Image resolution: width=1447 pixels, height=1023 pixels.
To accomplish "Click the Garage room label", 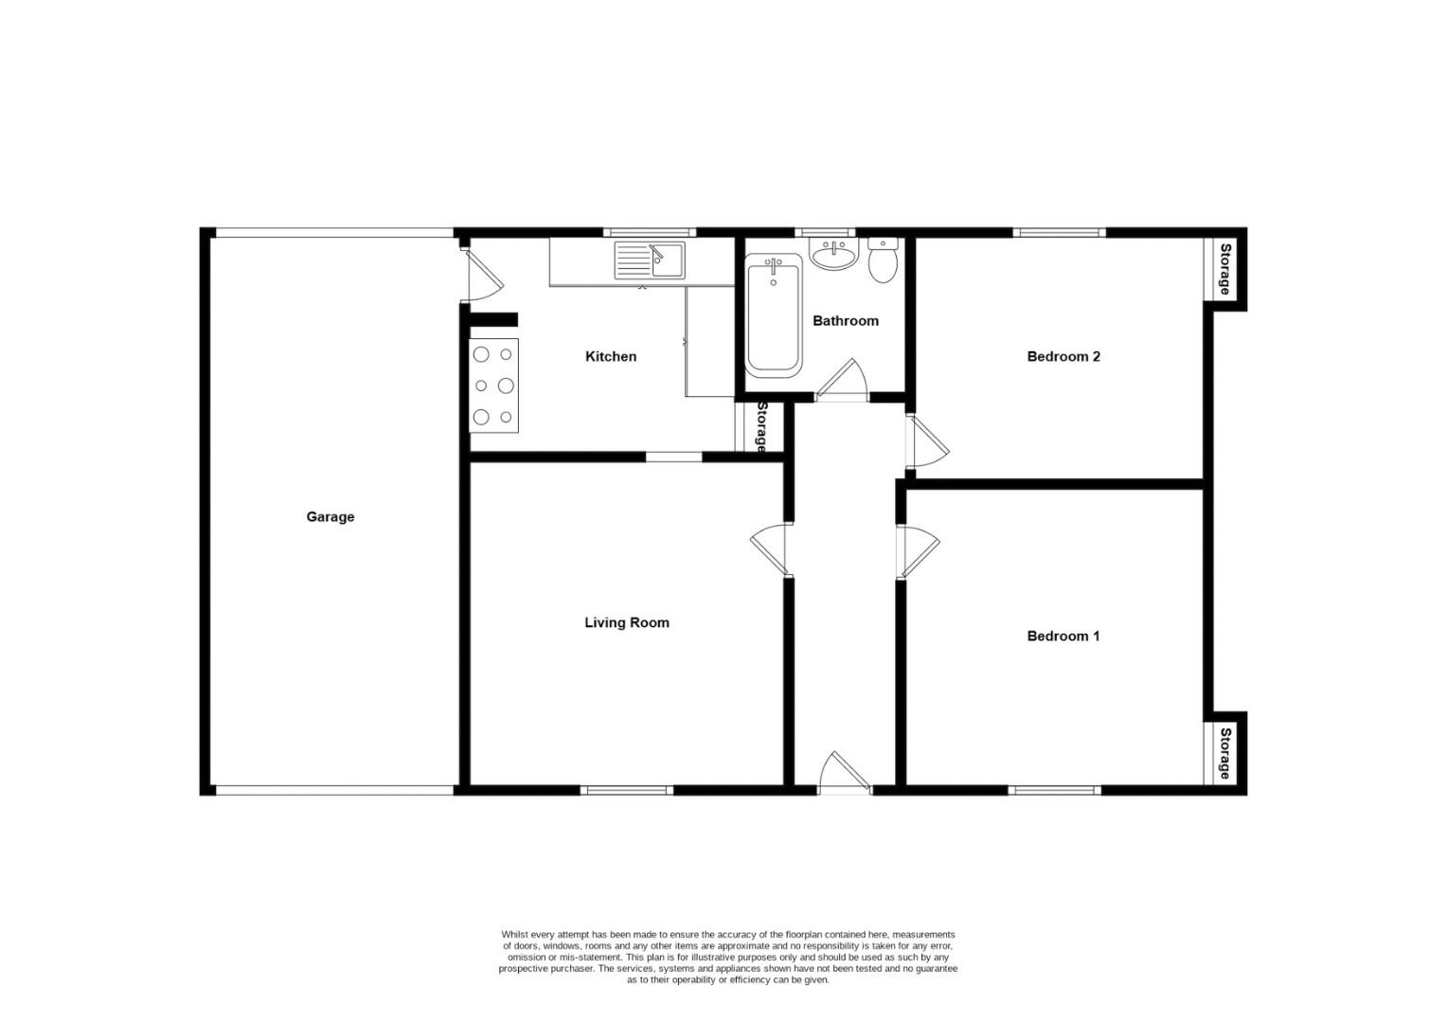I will [x=330, y=517].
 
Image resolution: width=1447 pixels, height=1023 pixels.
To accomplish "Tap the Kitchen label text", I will [x=611, y=357].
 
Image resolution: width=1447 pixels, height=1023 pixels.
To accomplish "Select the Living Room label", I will [x=626, y=623].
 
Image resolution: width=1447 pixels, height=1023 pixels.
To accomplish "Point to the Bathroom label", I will [x=845, y=321].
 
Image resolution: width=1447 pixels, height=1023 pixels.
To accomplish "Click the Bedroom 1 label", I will [x=1063, y=637].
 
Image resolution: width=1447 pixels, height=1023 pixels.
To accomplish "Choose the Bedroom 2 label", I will [x=1063, y=357].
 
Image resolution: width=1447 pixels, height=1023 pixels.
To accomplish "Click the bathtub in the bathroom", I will [x=774, y=319].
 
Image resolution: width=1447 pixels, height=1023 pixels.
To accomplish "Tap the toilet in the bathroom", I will [x=884, y=260].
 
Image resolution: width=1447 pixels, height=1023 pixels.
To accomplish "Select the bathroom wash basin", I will [x=833, y=254].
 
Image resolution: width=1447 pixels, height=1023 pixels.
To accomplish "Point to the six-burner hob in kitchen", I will [x=493, y=386].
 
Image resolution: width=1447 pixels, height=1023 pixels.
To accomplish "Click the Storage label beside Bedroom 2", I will [x=1224, y=269].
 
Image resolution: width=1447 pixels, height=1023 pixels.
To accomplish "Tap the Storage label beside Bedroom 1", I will [x=1224, y=753].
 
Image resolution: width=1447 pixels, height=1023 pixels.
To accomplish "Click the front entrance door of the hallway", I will [x=843, y=771].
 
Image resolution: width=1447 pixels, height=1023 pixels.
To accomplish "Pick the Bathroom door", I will [x=842, y=381].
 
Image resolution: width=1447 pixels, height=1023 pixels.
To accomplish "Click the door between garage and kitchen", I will [x=480, y=276].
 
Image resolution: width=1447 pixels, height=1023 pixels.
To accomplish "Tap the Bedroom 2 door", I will [x=926, y=440].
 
